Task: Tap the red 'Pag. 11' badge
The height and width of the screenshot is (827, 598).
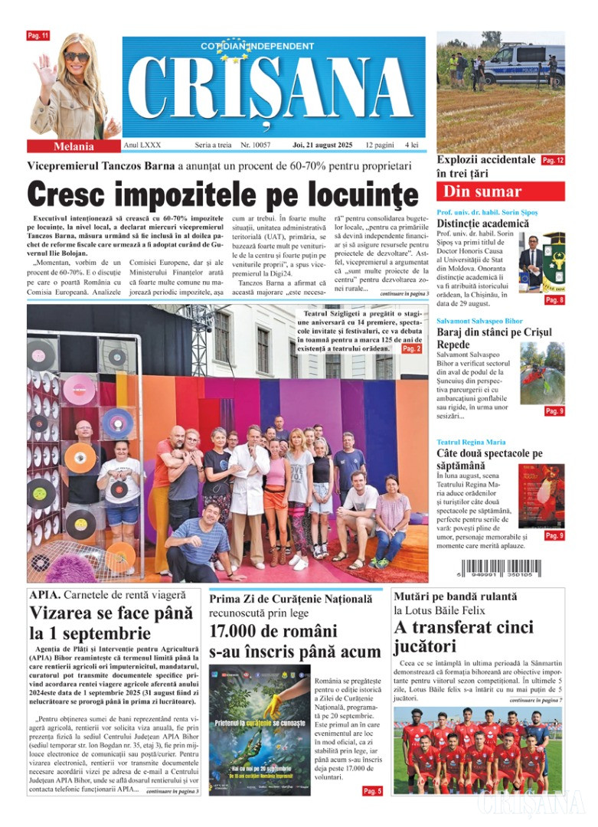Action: (x=38, y=36)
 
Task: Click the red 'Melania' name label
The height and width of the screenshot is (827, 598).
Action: (x=74, y=146)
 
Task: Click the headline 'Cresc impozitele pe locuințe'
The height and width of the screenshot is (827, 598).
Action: (x=224, y=195)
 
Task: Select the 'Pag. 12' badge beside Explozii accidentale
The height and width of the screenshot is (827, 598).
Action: (x=553, y=161)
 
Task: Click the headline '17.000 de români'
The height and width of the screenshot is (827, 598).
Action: (x=273, y=632)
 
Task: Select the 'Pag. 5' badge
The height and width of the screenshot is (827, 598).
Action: (x=371, y=791)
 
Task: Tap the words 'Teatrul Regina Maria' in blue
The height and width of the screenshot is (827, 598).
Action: (x=470, y=442)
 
